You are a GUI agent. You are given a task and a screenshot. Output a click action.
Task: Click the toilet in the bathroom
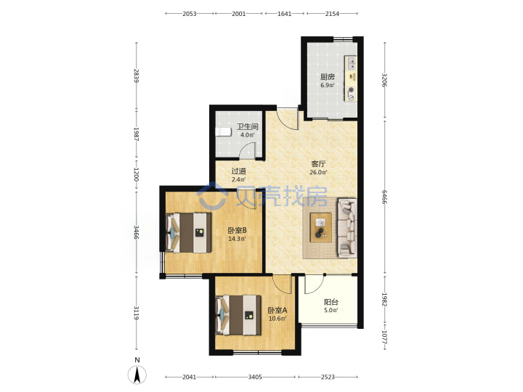coord(223,131)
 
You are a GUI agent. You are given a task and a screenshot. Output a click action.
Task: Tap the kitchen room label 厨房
coord(327,77)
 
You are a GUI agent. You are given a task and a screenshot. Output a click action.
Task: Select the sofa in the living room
coord(347,228)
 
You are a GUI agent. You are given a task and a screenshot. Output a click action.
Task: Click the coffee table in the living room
coord(321,227)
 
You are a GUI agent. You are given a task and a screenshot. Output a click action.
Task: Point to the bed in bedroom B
coord(189,232)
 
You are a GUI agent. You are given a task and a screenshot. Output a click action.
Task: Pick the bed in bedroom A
coord(238,315)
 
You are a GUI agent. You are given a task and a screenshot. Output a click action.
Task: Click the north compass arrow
coord(137,375)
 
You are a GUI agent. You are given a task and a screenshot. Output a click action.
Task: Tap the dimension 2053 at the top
coord(190,14)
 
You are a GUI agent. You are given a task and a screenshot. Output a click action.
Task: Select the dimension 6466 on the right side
coord(384,197)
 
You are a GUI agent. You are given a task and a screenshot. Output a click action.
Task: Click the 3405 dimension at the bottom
coord(255,377)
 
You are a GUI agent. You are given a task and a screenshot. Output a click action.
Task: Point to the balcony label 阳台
coord(331,302)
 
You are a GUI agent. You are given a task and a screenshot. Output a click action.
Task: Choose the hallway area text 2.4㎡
coord(238,179)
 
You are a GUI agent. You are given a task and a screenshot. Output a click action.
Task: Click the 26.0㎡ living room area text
coord(319,172)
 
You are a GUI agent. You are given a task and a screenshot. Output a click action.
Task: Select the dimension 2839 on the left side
coord(137,75)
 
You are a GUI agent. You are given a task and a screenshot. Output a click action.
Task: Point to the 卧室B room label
coord(237,230)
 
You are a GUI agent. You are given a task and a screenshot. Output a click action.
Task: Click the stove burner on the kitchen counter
coord(351,90)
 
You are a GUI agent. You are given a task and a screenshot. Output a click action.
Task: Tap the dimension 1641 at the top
coord(285,14)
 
